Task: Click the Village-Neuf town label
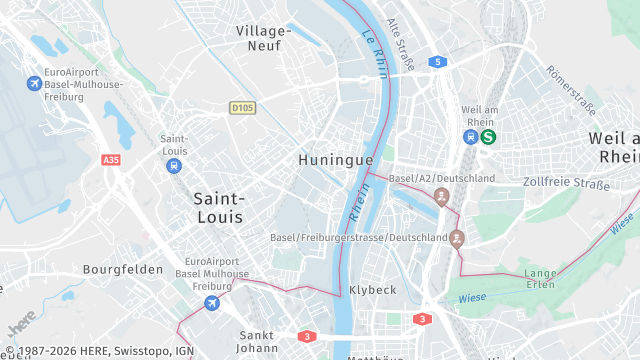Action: (264, 38)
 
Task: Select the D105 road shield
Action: (241, 107)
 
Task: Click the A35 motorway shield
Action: (110, 159)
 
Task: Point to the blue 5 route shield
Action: (437, 62)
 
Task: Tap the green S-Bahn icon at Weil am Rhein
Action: (488, 138)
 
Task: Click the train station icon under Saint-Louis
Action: (174, 166)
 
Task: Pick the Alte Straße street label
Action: (400, 45)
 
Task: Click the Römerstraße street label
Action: (570, 88)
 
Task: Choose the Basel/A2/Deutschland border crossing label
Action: (441, 178)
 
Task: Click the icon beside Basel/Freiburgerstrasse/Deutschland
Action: (457, 238)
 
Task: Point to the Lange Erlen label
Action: (541, 278)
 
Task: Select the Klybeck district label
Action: (373, 290)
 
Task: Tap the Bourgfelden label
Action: (122, 270)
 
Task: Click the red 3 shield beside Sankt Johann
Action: (307, 336)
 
